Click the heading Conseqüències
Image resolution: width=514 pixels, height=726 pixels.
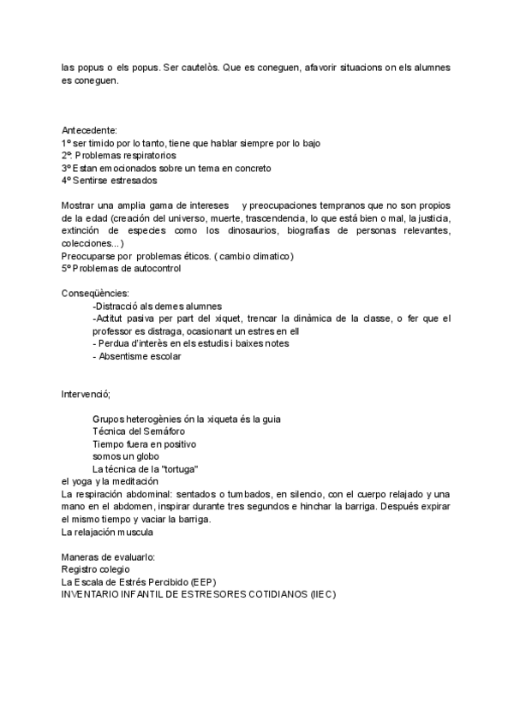point(95,294)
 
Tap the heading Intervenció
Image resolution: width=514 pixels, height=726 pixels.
point(87,394)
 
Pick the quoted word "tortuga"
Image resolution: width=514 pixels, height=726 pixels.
point(179,469)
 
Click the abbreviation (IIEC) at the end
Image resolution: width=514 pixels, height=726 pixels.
point(322,595)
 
